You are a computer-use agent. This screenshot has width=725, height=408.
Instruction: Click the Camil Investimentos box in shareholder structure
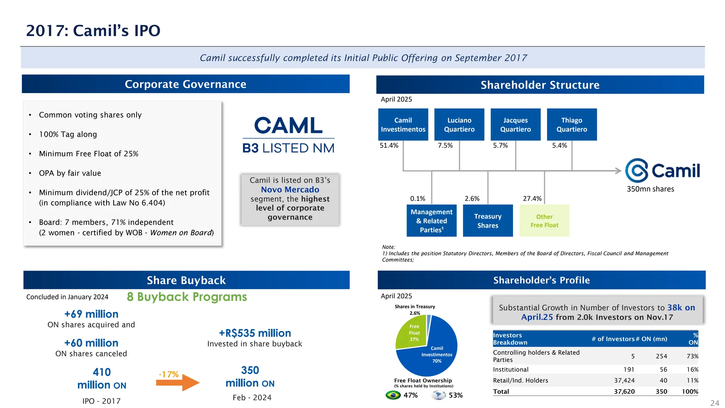[x=403, y=125]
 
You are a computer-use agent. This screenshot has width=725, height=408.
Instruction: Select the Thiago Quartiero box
[x=571, y=125]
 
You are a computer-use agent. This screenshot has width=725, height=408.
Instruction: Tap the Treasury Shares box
[x=487, y=221]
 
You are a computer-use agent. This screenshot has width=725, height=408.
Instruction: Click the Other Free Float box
[x=544, y=221]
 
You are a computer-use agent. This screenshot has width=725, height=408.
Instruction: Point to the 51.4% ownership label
[x=389, y=146]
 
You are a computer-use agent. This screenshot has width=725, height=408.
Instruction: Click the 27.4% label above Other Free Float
[x=532, y=199]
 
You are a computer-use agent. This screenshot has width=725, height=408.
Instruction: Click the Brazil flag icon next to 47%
[x=393, y=395]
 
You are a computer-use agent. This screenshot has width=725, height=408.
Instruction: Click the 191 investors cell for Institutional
[x=629, y=369]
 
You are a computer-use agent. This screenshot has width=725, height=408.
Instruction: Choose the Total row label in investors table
[x=501, y=391]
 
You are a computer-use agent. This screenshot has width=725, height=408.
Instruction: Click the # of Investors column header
[x=613, y=339]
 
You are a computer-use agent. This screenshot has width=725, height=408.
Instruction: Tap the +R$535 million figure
[x=255, y=333]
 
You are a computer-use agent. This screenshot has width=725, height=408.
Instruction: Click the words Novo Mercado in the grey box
[x=290, y=190]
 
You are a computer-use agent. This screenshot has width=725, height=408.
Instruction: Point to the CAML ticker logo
[x=288, y=126]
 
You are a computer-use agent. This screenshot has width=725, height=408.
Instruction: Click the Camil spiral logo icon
[x=636, y=170]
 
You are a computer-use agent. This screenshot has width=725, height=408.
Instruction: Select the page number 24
[x=714, y=403]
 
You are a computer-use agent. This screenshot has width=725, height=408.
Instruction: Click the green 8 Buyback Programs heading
[x=187, y=297]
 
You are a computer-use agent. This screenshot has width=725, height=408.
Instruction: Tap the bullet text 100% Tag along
[x=68, y=134]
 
